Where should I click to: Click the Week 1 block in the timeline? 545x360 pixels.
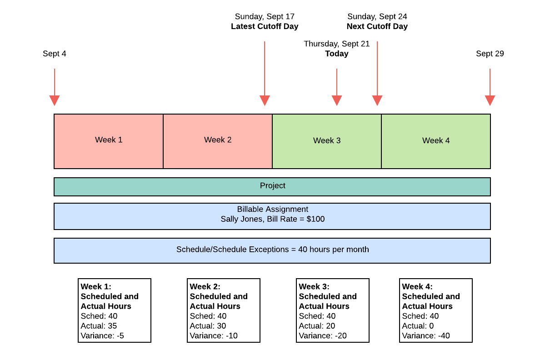[x=109, y=141]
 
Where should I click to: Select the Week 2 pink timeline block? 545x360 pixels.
[x=218, y=141]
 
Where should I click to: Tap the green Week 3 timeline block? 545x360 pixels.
[x=327, y=141]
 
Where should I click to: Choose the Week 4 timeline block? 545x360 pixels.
[x=436, y=141]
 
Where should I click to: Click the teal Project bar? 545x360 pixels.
[x=272, y=186]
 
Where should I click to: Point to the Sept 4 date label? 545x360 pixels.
[x=55, y=54]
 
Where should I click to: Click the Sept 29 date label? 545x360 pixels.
[x=490, y=54]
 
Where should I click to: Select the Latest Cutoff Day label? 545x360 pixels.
[x=265, y=26]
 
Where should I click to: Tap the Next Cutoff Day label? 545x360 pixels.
[x=377, y=26]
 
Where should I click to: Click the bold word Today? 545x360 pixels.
[x=337, y=54]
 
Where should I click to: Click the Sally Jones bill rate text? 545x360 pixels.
[x=272, y=219]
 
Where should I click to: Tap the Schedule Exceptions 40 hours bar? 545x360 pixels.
[x=272, y=250]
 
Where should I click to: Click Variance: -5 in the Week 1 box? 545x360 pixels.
[x=102, y=336]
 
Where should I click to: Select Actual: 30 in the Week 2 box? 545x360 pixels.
[x=208, y=326]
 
